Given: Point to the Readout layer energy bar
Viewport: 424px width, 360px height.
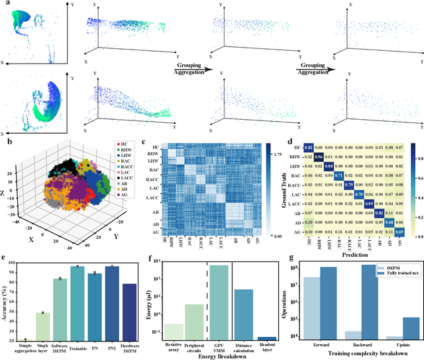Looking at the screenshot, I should point(267,338).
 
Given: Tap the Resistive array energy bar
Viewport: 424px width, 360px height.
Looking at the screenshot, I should point(175,332).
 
